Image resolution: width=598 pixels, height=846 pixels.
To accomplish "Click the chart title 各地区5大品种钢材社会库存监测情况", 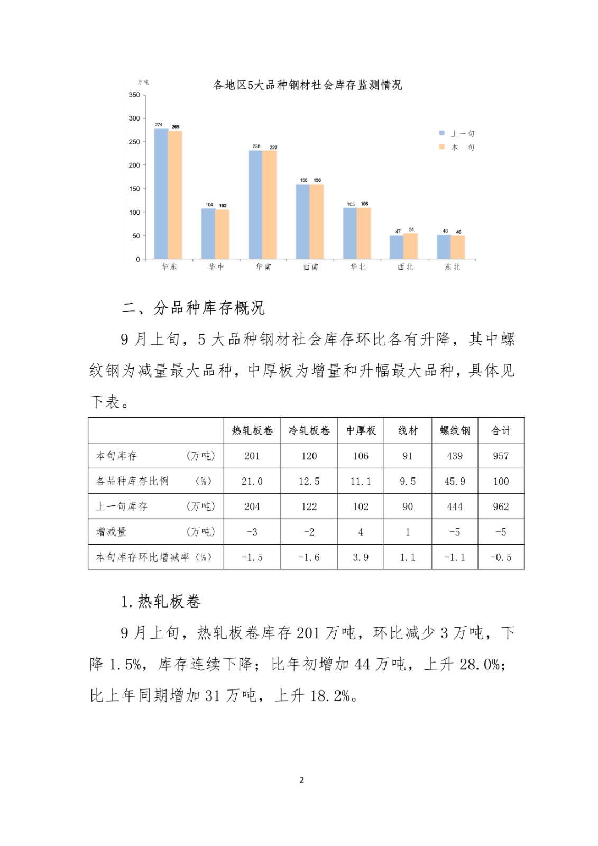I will pyautogui.click(x=307, y=85).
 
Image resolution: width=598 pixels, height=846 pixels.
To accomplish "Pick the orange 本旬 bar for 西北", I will pyautogui.click(x=410, y=246).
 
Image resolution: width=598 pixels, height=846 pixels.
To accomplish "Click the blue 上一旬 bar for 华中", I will pyautogui.click(x=208, y=234).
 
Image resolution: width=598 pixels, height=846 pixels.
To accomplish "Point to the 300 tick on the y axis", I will pyautogui.click(x=134, y=118).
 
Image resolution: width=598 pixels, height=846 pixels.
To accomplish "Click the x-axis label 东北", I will pyautogui.click(x=452, y=267).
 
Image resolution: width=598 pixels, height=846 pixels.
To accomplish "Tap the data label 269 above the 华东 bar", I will pyautogui.click(x=176, y=127).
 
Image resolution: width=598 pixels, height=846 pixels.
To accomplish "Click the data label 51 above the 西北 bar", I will pyautogui.click(x=411, y=229).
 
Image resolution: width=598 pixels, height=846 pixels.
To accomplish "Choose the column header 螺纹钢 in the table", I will pyautogui.click(x=455, y=430).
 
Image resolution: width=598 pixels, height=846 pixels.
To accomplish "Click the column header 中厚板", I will pyautogui.click(x=361, y=430).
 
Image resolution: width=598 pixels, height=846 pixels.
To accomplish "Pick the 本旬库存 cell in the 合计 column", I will pyautogui.click(x=501, y=456).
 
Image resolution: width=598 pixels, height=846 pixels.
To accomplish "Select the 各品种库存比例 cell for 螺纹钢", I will pyautogui.click(x=455, y=481).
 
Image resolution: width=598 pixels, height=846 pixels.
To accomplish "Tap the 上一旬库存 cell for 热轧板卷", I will pyautogui.click(x=252, y=507).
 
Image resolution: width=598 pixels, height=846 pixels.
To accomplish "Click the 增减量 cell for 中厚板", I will pyautogui.click(x=361, y=532).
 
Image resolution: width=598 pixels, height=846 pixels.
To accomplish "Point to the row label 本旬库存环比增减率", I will pyautogui.click(x=153, y=557).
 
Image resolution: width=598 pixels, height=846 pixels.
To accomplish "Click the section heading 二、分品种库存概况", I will pyautogui.click(x=193, y=308).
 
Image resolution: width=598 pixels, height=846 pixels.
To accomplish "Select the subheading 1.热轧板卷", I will pyautogui.click(x=161, y=601).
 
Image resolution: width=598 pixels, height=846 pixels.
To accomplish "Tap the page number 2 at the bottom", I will pyautogui.click(x=301, y=780).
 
